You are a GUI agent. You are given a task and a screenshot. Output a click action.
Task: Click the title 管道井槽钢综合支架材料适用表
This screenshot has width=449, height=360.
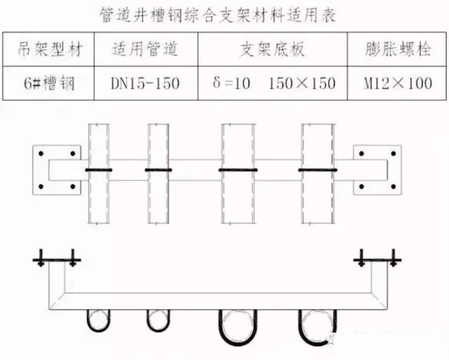pos(218,15)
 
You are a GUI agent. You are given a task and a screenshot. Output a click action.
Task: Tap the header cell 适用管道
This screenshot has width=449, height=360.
pos(145,49)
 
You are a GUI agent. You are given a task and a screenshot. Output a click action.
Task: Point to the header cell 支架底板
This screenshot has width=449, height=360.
pos(272,49)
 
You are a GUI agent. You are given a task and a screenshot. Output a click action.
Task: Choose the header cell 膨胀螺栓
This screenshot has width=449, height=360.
pos(398,49)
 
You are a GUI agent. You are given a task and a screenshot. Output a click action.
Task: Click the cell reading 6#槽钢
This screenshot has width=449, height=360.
pos(49,84)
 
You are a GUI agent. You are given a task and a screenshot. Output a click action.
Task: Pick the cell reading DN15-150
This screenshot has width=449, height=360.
pos(145,84)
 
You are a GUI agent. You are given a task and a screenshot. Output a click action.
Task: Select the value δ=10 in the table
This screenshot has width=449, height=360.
pos(232,83)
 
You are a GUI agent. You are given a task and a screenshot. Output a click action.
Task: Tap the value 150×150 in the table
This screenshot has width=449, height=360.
pos(302,84)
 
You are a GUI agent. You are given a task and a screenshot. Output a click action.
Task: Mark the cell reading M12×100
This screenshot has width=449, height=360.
pos(398,84)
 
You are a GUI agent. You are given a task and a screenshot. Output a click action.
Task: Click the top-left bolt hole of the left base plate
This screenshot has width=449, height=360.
pos(41,154)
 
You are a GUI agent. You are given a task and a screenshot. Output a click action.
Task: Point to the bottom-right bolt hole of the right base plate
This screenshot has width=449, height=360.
pos(394,187)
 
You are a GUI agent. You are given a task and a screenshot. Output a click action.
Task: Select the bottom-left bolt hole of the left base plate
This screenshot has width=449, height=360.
pos(41,187)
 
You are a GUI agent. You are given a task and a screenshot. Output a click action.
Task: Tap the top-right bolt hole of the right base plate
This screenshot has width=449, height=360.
pos(394,154)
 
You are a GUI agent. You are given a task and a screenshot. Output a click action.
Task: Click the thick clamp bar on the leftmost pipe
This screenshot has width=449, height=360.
pos(99,170)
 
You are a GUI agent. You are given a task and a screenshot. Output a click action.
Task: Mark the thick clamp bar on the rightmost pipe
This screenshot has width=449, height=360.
pos(318,170)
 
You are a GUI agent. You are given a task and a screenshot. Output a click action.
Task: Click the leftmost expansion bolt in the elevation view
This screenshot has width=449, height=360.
pos(41,258)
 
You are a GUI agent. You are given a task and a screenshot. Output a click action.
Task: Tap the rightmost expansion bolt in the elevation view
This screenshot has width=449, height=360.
pos(394,258)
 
